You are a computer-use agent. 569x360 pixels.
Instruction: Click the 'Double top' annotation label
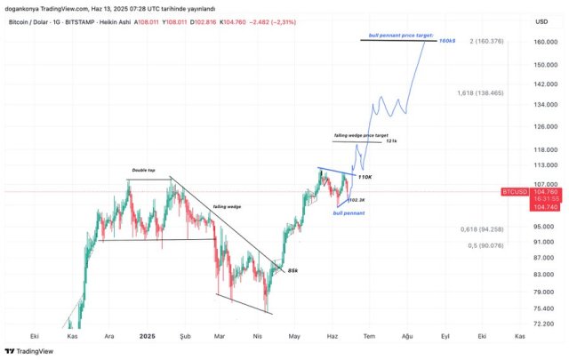[x=144, y=171]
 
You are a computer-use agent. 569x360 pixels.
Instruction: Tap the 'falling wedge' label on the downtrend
[x=227, y=206]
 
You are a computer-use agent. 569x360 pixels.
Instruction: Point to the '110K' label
[x=365, y=178]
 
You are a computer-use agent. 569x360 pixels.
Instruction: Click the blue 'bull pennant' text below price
[x=346, y=213]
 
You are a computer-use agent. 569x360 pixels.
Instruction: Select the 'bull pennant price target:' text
[x=401, y=36]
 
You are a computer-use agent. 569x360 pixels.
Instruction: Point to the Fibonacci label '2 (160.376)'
[x=487, y=41]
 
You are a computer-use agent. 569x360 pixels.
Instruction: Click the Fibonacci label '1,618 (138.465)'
[x=480, y=92]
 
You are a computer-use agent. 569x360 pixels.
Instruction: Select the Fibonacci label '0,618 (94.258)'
[x=482, y=229]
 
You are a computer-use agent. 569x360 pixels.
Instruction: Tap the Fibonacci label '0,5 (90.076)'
[x=485, y=245]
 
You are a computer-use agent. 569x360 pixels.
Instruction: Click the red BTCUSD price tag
[x=517, y=191]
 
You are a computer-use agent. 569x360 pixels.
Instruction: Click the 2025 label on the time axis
[x=148, y=337]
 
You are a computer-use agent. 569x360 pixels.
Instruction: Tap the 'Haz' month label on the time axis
[x=333, y=337]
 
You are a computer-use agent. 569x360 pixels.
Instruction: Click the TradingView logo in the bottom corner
[x=28, y=351]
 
